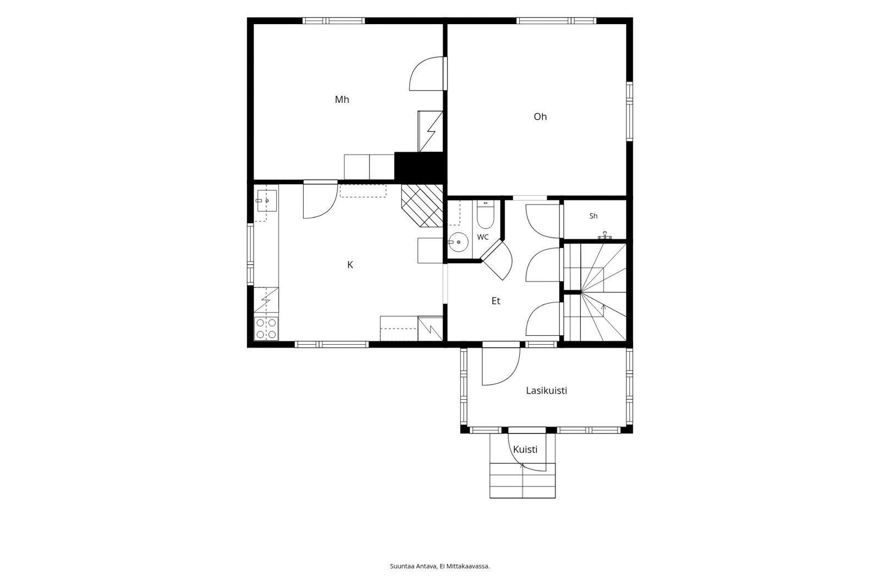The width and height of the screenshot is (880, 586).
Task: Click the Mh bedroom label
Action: (342, 99)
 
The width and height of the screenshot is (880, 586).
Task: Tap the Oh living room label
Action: (540, 117)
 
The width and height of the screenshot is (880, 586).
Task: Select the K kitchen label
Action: (350, 265)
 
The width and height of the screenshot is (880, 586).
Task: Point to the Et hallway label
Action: (496, 301)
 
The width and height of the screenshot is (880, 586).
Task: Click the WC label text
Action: (483, 237)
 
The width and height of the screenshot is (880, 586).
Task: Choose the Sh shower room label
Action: (593, 216)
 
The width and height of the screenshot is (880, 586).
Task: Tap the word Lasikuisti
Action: (547, 391)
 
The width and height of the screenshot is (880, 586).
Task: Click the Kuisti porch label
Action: (525, 449)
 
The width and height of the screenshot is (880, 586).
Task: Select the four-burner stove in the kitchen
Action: (266, 328)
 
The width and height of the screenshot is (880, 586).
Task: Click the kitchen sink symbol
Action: (267, 201)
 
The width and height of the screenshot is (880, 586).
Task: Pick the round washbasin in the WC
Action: (458, 242)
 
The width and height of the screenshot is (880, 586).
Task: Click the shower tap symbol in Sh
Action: (604, 235)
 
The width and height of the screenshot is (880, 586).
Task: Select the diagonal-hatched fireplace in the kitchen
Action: (422, 206)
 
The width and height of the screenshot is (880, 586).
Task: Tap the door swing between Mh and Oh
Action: (427, 74)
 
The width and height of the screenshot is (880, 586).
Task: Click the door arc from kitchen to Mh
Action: (321, 200)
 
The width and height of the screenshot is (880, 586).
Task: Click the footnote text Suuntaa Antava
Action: (413, 566)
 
